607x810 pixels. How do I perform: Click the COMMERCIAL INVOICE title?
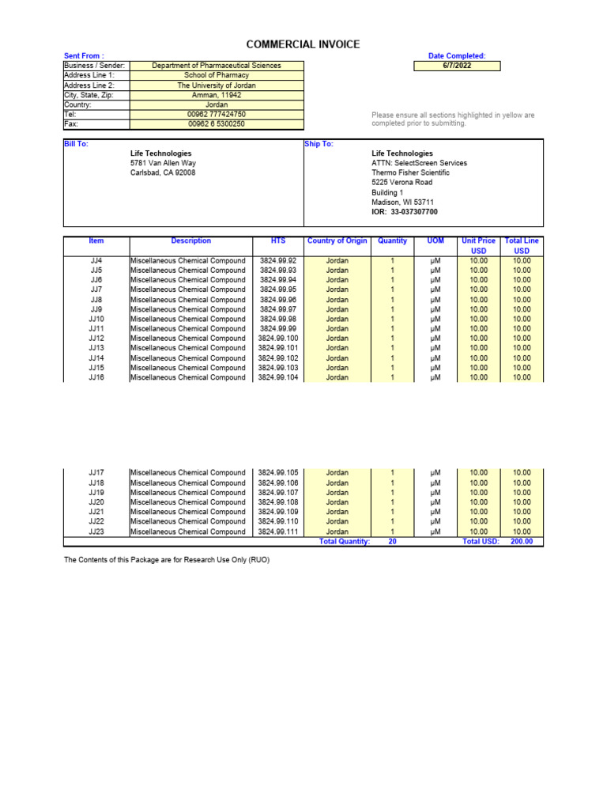[303, 44]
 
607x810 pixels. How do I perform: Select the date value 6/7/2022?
[458, 66]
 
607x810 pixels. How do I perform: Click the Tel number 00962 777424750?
[216, 115]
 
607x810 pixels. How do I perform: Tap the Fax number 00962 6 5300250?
[216, 124]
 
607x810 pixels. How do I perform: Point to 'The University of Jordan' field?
[216, 85]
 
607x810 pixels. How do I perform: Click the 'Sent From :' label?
[84, 56]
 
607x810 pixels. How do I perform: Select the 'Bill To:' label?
[76, 144]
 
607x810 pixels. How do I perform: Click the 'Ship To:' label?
[319, 144]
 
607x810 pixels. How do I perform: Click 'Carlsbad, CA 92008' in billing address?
[163, 172]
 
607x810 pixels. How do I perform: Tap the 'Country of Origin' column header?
[337, 240]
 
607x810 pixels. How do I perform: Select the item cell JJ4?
[96, 260]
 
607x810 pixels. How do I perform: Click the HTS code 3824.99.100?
[277, 339]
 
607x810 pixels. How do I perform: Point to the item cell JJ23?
[96, 532]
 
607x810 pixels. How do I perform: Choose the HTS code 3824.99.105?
[277, 473]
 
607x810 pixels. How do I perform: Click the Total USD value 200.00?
[522, 542]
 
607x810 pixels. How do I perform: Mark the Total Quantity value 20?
[393, 542]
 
